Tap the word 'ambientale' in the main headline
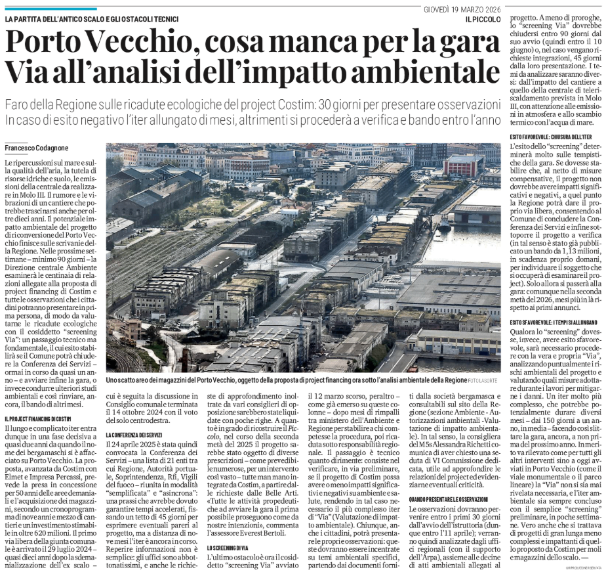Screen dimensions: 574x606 click(410, 74)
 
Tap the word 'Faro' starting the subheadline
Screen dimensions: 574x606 click(19, 106)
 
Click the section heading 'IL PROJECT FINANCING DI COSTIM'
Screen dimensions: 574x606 click(37, 400)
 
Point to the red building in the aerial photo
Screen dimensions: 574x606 click(463, 166)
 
